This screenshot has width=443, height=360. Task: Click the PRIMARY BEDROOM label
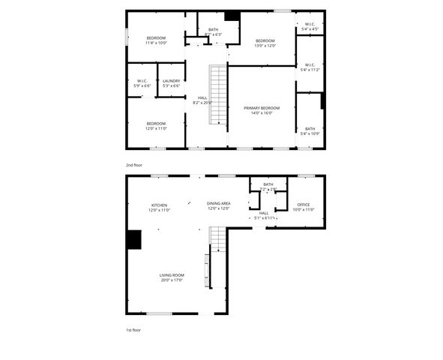coord(261,108)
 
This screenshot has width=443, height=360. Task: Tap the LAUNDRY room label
coord(171,81)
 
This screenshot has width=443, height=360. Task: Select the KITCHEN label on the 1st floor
coord(158,205)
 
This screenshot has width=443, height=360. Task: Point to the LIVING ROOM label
coord(172,275)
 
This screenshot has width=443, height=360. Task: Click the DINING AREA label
coord(218,204)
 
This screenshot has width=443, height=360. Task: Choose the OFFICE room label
coord(303,205)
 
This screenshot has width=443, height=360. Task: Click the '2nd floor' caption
coord(133,164)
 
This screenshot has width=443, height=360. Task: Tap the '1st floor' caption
coord(133,330)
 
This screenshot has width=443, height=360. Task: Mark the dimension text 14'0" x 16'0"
coord(261,113)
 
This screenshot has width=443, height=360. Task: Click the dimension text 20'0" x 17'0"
coord(172,280)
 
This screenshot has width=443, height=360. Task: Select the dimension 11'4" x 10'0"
coord(156,43)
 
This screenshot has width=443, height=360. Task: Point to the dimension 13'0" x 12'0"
coord(265,46)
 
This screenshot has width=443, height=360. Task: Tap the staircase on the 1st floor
coord(217,239)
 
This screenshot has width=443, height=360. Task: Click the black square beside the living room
coord(133,239)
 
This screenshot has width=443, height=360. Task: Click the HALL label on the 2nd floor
coord(202,97)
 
